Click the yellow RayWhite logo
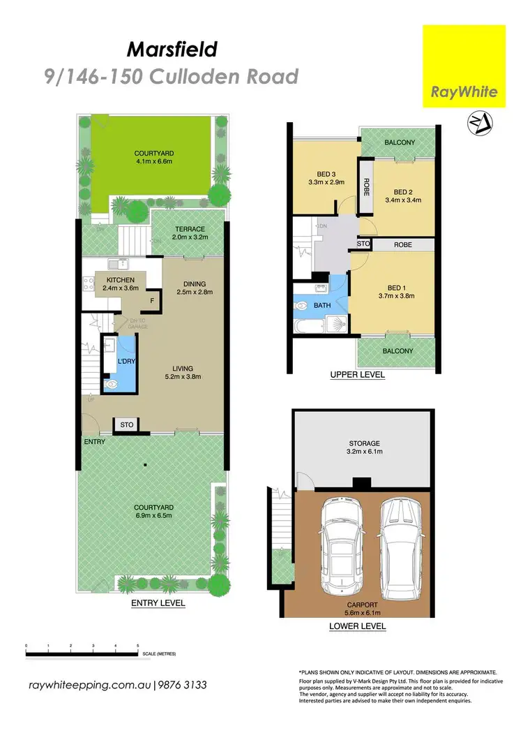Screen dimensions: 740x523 tap(464, 66)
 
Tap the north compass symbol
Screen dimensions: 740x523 tap(480, 124)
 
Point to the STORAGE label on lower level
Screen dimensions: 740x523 tap(365, 443)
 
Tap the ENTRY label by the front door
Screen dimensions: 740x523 tap(94, 441)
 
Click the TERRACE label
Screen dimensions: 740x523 tap(190, 229)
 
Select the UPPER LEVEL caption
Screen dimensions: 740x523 tap(358, 375)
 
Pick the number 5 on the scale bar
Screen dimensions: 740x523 tap(138, 646)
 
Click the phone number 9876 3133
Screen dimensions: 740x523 tap(183, 686)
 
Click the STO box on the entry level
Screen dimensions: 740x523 tap(126, 424)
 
